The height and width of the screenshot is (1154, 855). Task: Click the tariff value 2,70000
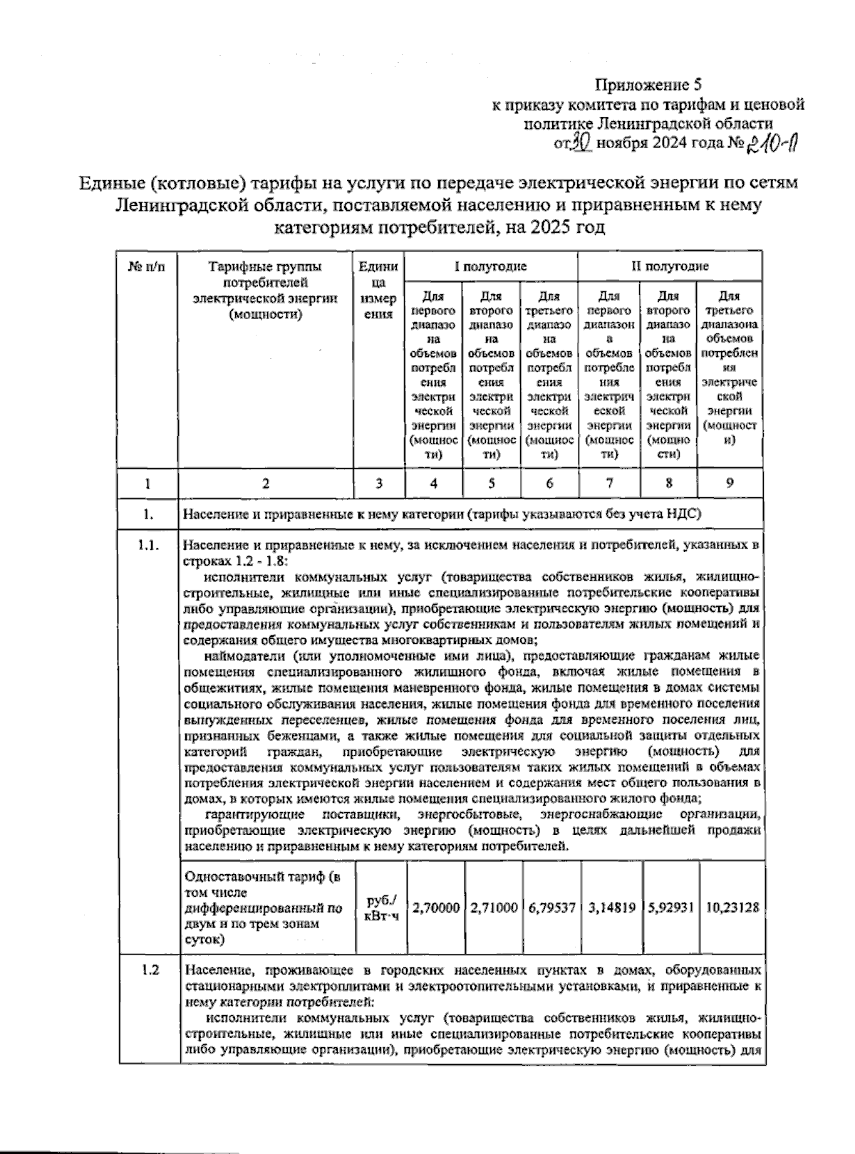coord(435,908)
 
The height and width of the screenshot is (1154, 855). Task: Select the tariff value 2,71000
coord(494,908)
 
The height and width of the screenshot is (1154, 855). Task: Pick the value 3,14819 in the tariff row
coord(611,908)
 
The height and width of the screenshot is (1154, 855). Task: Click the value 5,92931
coord(670,908)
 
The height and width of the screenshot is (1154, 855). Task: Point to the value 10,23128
coord(732,908)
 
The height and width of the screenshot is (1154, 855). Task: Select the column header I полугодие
coord(491,266)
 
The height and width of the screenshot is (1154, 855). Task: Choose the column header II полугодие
coord(669,266)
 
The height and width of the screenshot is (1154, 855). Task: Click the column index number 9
coord(730,483)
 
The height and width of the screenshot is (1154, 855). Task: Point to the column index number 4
coord(433,483)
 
